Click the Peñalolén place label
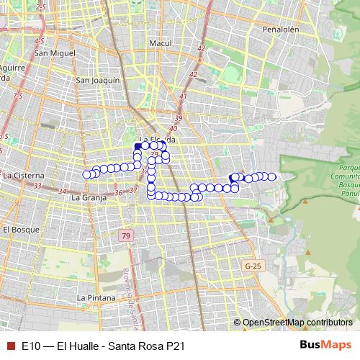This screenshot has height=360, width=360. pyautogui.click(x=281, y=31)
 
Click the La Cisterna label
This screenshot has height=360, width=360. pyautogui.click(x=24, y=175)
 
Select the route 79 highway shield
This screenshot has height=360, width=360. pyautogui.click(x=126, y=236)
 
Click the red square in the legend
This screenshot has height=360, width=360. pyautogui.click(x=9, y=346)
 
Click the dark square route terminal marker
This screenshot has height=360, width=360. pyautogui.click(x=138, y=146)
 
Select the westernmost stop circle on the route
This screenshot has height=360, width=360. pyautogui.click(x=87, y=174)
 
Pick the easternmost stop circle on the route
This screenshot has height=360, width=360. pyautogui.click(x=272, y=176)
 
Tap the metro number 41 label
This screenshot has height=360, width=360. pyautogui.click(x=183, y=96)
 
